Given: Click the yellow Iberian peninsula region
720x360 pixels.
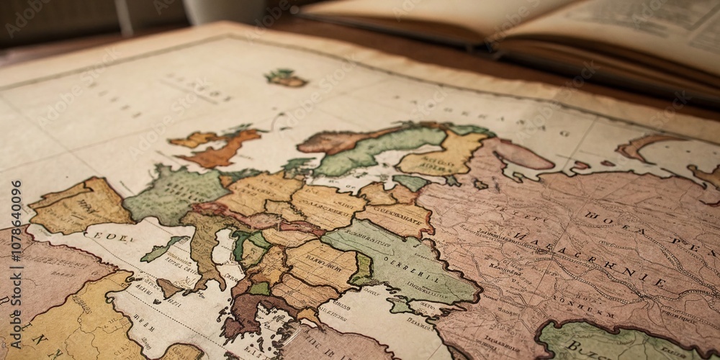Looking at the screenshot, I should (79, 205).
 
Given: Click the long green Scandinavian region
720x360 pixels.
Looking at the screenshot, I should (374, 148).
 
